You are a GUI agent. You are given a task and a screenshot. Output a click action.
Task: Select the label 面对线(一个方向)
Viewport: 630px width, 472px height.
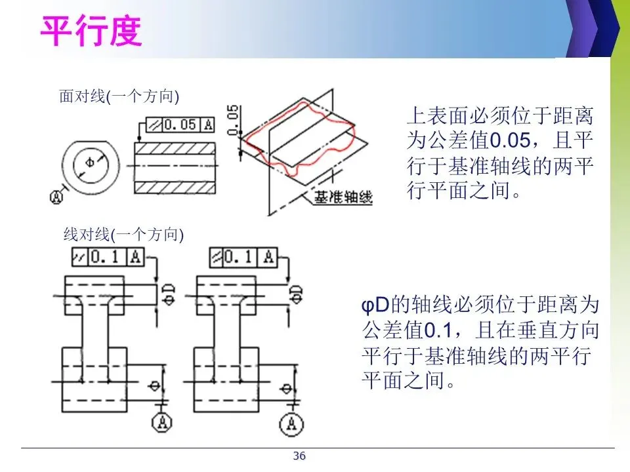(119, 97)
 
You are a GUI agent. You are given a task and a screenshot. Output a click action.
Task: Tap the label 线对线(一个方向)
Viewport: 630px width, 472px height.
(123, 234)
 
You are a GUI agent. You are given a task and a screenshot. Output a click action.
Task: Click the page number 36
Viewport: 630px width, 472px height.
(299, 456)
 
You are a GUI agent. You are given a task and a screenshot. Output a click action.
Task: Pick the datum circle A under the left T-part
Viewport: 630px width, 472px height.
(161, 423)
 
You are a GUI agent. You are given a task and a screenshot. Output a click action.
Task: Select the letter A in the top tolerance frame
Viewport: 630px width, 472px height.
(208, 125)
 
